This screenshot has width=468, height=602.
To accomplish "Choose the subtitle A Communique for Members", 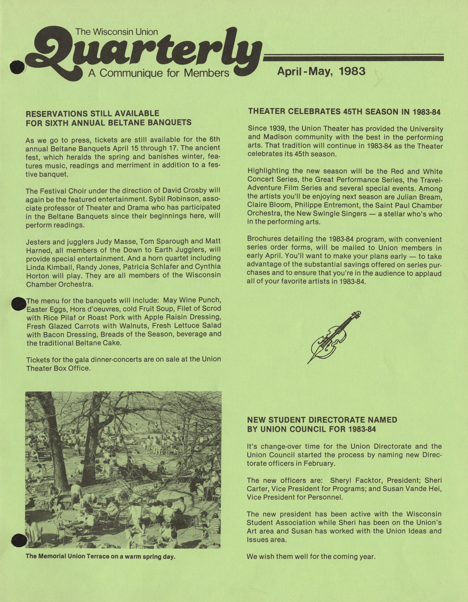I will coord(159,73).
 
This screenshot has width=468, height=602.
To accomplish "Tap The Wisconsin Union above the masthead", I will coord(117,32).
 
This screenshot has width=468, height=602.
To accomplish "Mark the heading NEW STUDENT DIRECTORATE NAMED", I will coord(322,420).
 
